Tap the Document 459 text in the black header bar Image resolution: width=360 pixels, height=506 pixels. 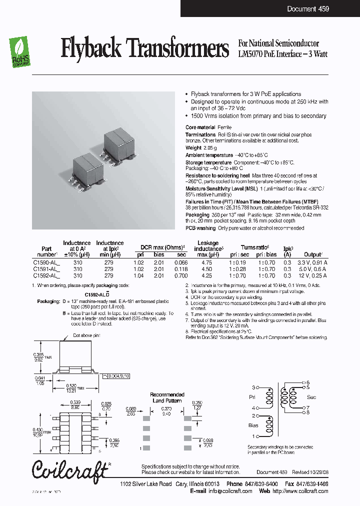coord(307,9)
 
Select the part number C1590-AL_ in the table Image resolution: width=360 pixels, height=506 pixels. coord(46,262)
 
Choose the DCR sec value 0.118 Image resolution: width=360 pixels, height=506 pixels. coord(180,269)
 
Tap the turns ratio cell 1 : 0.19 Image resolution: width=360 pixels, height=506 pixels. coord(238,262)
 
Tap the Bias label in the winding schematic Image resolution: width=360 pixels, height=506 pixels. coord(253,425)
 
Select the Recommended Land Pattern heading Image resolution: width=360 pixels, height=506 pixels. coord(167,397)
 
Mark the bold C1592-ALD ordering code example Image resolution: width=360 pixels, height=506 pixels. coord(97,295)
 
